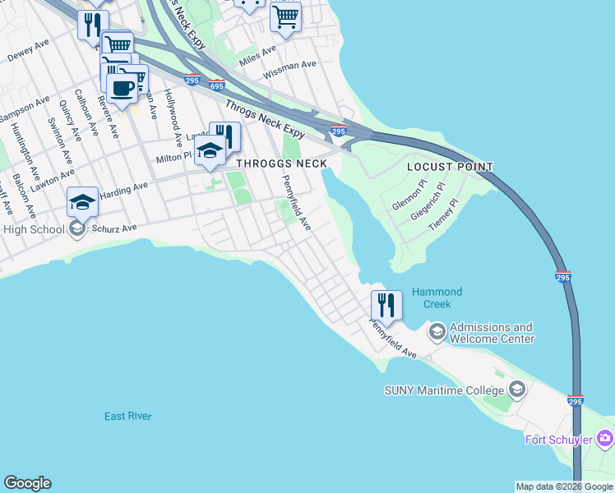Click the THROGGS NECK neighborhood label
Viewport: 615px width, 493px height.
point(282,164)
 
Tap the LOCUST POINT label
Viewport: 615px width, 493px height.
point(451,167)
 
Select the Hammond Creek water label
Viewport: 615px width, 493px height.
point(437,297)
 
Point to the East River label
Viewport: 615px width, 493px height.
point(128,417)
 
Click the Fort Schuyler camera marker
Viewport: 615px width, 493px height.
point(606,439)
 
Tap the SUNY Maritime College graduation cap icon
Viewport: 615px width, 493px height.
point(517,389)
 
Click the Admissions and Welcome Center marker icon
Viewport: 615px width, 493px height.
point(436,332)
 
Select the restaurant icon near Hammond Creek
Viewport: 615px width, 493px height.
point(386,305)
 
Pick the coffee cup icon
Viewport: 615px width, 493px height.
point(123,88)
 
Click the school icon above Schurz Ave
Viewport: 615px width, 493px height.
point(82,201)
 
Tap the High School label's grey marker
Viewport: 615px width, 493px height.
point(77,228)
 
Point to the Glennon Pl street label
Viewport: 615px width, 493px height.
point(409,196)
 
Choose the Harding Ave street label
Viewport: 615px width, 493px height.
point(124,190)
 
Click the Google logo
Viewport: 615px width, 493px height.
point(27,483)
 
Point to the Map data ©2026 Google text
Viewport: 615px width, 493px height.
point(563,486)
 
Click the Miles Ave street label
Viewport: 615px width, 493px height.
point(258,56)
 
